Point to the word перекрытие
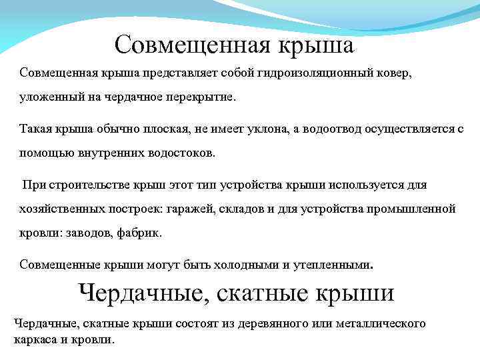(x=201, y=97)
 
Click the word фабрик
(x=139, y=234)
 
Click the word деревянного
(x=281, y=324)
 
